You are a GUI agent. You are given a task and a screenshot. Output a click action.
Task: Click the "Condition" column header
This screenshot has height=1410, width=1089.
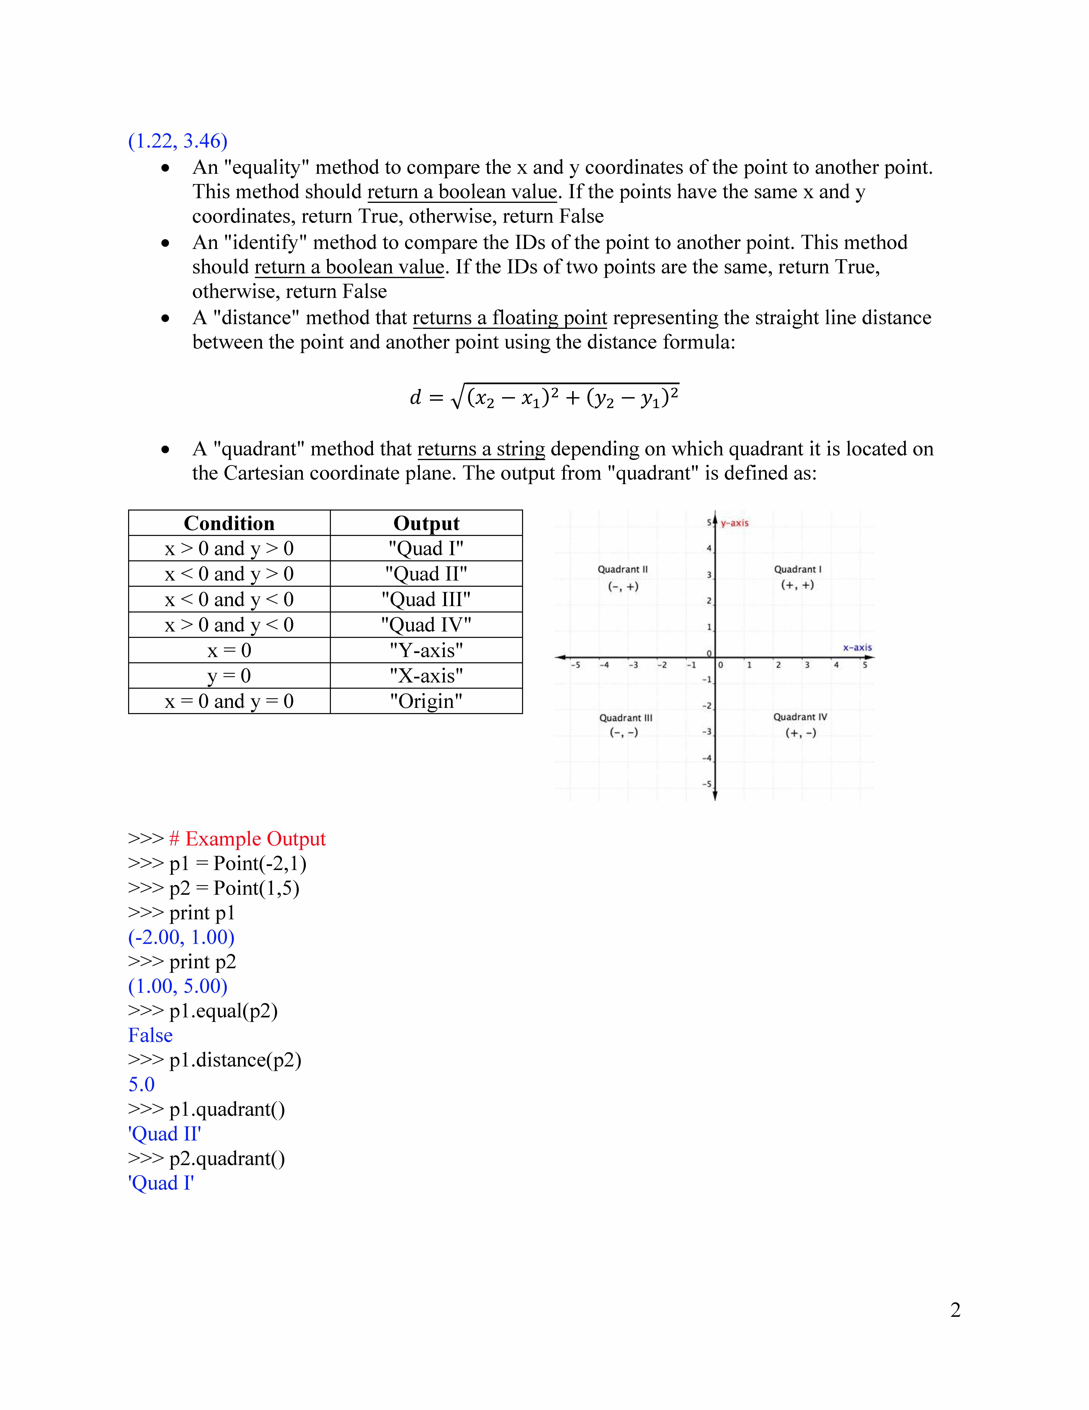pyautogui.click(x=229, y=523)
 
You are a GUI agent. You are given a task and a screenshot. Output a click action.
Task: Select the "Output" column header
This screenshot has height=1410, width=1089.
pyautogui.click(x=426, y=523)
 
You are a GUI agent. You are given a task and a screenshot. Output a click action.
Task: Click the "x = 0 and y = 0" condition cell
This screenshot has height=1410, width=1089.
pyautogui.click(x=229, y=701)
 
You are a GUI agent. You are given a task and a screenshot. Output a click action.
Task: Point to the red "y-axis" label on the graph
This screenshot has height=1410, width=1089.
pyautogui.click(x=735, y=523)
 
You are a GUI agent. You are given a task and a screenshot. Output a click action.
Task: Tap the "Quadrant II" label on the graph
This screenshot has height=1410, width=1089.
pyautogui.click(x=623, y=569)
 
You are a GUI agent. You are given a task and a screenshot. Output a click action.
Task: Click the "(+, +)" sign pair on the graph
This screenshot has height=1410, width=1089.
pyautogui.click(x=797, y=585)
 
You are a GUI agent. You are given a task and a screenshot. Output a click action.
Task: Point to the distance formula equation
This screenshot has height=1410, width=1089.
pyautogui.click(x=544, y=396)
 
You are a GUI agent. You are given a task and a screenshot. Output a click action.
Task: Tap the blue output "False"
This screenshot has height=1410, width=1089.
pyautogui.click(x=150, y=1036)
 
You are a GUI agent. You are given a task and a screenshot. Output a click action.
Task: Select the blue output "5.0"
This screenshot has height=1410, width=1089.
pyautogui.click(x=141, y=1085)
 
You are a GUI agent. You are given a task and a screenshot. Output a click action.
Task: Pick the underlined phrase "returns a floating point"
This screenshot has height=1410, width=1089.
pyautogui.click(x=510, y=318)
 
